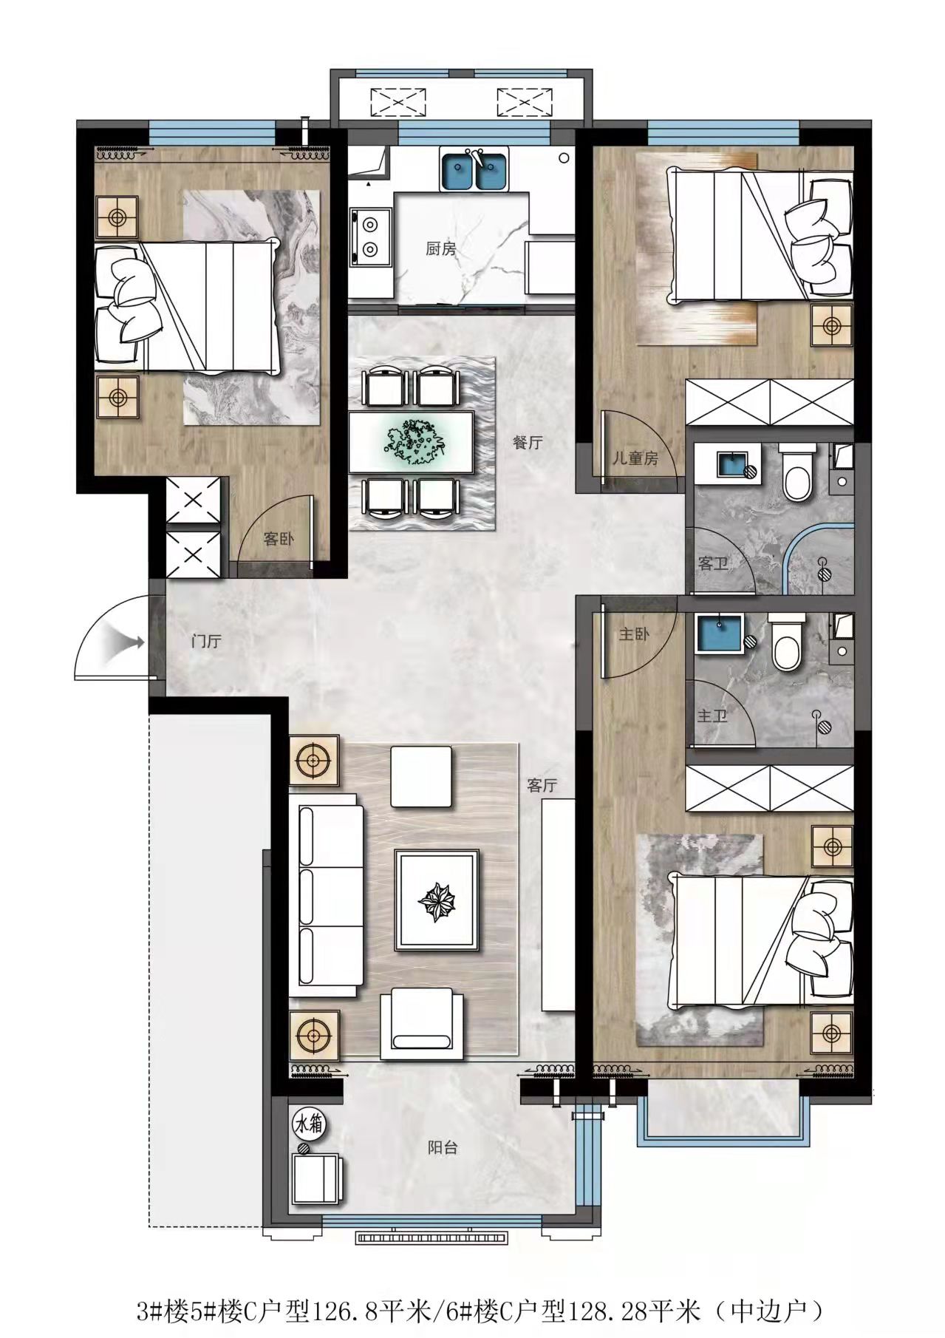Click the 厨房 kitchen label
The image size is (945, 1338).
click(x=440, y=249)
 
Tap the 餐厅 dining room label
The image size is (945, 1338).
click(x=528, y=443)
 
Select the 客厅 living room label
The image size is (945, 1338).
click(x=541, y=785)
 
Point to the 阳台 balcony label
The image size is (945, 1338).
click(x=443, y=1147)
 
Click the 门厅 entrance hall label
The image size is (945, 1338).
click(x=205, y=641)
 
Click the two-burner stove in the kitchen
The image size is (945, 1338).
click(x=370, y=236)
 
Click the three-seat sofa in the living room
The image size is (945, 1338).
click(x=330, y=897)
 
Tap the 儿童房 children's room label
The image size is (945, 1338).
click(x=635, y=458)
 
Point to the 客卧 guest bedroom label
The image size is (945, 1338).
click(x=279, y=539)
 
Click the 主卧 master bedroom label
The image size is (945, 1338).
click(x=634, y=634)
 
